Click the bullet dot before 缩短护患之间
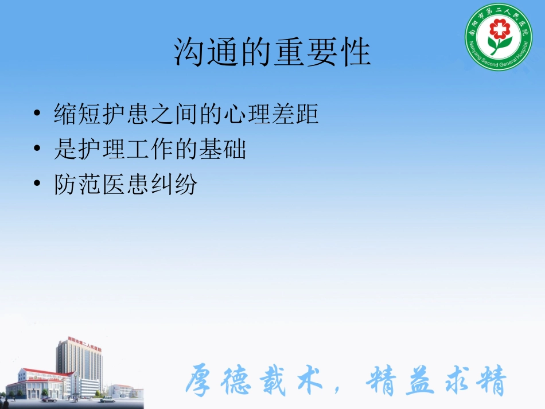coord(37,114)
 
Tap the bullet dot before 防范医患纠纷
coord(37,185)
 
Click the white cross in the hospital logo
coord(499,28)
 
